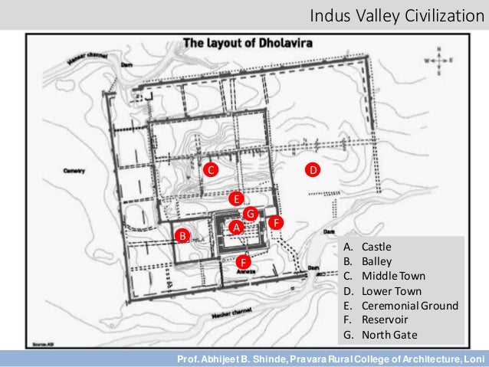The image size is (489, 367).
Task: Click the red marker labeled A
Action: [237, 228]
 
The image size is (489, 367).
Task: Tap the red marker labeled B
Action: [182, 235]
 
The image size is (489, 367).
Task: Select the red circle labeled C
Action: [208, 169]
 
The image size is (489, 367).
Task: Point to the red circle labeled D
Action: [313, 169]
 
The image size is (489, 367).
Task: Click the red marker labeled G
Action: [250, 212]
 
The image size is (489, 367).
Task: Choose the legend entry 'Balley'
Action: [376, 261]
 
